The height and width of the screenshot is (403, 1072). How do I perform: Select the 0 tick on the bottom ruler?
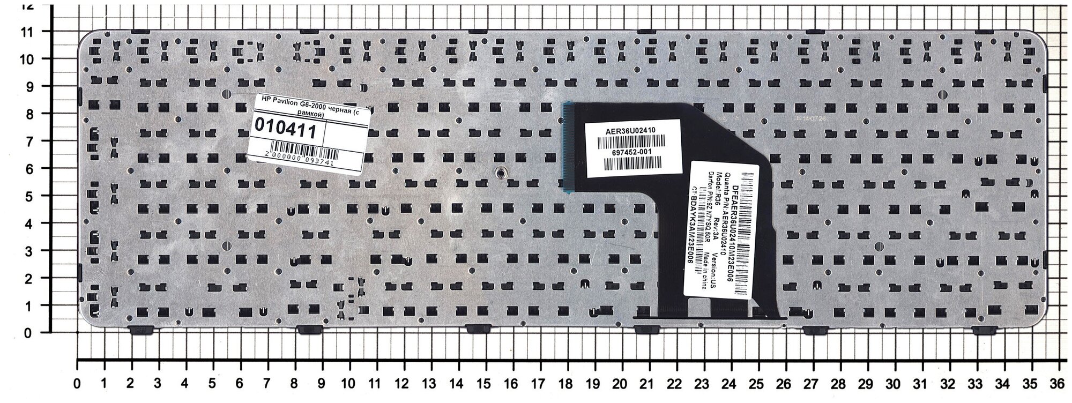[78, 384]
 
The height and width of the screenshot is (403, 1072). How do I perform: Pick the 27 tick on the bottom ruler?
[813, 384]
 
